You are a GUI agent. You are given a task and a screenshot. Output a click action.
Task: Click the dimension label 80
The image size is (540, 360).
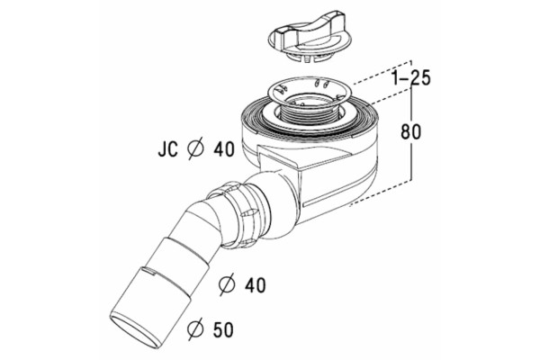tap(411, 131)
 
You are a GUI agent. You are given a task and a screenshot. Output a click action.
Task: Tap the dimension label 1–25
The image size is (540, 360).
tap(411, 78)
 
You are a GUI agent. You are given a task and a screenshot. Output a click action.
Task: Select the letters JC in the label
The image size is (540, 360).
tap(167, 149)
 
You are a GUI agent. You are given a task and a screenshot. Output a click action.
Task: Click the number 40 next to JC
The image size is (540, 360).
tap(224, 149)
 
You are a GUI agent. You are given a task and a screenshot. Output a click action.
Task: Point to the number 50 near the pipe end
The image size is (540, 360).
tap(222, 329)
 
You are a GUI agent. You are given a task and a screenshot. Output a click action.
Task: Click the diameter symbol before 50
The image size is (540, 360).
tap(195, 329)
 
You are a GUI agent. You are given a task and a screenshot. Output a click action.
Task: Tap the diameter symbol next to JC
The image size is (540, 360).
tap(195, 149)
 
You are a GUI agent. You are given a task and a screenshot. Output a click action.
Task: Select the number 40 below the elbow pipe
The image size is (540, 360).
tap(255, 285)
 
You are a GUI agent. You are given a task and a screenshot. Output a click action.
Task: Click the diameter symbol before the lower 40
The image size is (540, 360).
tap(227, 284)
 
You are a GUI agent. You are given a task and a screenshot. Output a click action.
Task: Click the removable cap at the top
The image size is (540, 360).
tap(304, 40)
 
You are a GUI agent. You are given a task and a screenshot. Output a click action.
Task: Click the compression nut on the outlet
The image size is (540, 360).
tap(238, 216)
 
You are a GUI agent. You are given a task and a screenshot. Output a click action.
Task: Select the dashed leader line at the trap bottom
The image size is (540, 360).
tap(380, 193)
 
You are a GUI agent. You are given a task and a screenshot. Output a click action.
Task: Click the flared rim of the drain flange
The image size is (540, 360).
tap(307, 90)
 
